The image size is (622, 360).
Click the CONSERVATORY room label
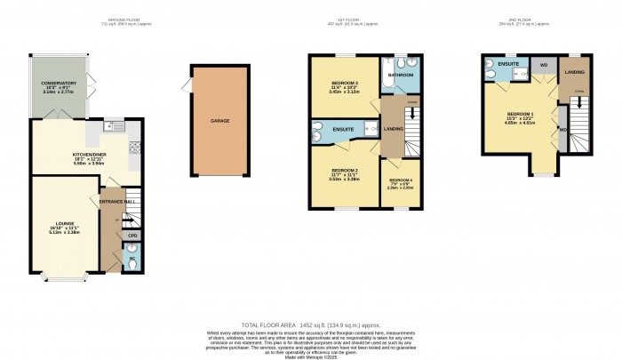click(x=59, y=84)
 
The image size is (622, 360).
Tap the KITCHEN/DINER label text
click(x=91, y=154)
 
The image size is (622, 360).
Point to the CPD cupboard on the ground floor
click(x=131, y=236)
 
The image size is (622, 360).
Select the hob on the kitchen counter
click(x=133, y=147)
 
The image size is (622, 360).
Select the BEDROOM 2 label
click(x=343, y=169)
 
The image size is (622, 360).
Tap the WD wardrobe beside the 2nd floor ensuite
click(x=543, y=66)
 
